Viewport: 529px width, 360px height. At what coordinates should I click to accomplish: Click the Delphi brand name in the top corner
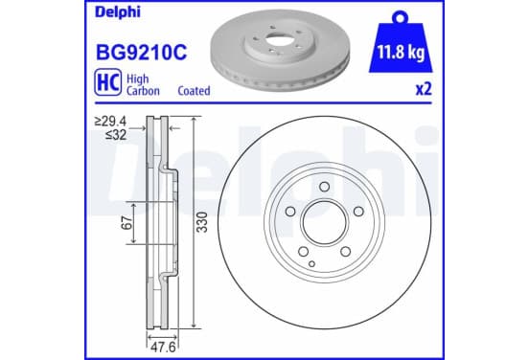pyautogui.click(x=118, y=12)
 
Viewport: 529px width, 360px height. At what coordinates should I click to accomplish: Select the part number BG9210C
pyautogui.click(x=142, y=53)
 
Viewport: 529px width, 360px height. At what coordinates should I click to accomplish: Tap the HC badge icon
pyautogui.click(x=108, y=82)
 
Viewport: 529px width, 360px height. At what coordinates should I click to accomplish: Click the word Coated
pyautogui.click(x=194, y=91)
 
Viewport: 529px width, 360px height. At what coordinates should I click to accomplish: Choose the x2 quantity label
pyautogui.click(x=424, y=89)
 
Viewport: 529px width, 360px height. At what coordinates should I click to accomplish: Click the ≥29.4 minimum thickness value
pyautogui.click(x=110, y=121)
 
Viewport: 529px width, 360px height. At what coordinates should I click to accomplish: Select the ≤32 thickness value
pyautogui.click(x=116, y=135)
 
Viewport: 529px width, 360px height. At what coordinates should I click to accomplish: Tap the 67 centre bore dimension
pyautogui.click(x=126, y=223)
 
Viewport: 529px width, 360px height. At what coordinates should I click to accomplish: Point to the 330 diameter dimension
pyautogui.click(x=202, y=222)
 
